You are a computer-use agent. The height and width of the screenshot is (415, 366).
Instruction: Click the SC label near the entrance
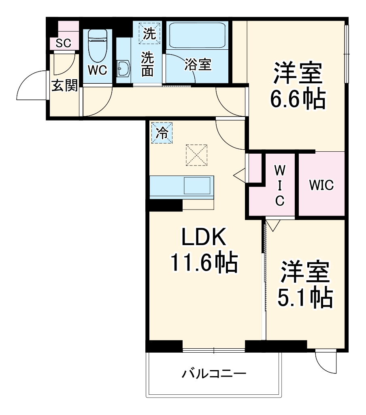click(x=63, y=43)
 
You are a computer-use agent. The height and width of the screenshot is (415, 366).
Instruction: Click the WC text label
click(x=98, y=70)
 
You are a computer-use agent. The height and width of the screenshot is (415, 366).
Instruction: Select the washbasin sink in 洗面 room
click(x=123, y=68)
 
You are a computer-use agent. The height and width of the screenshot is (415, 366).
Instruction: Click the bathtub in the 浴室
click(x=197, y=35)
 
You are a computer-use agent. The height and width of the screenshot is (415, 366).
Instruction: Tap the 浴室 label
click(x=198, y=64)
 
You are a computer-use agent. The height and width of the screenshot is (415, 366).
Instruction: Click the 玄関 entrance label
click(x=64, y=86)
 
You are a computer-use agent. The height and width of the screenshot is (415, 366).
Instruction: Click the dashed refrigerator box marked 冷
click(x=162, y=133)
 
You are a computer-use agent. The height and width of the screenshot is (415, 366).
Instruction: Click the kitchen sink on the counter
click(x=198, y=186)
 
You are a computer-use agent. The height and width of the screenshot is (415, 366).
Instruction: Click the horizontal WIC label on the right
click(x=321, y=185)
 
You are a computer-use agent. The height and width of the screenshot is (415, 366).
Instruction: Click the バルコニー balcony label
click(x=213, y=373)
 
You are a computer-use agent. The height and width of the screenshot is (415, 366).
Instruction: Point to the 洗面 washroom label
click(x=147, y=65)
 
